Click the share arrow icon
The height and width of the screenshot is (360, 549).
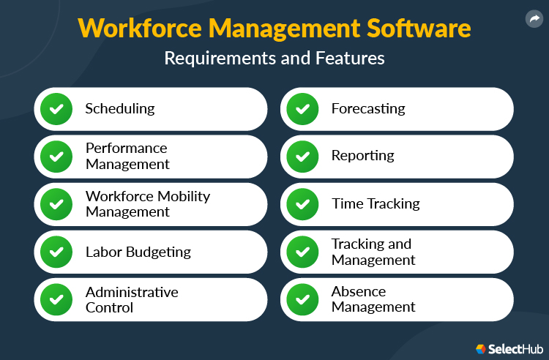(x=534, y=20)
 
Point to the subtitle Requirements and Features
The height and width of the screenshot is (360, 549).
(x=274, y=59)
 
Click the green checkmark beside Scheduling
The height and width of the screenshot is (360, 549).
(x=56, y=109)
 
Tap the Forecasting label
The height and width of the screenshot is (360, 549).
(x=368, y=108)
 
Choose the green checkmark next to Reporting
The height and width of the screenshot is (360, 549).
(x=302, y=157)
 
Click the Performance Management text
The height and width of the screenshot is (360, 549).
(x=127, y=156)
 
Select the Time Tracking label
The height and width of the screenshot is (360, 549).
(x=376, y=203)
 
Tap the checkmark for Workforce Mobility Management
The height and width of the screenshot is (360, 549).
(x=56, y=204)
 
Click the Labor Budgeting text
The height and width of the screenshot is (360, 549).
(x=138, y=252)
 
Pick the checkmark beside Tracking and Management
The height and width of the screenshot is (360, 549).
(x=302, y=252)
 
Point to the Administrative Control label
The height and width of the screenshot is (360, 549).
(x=132, y=299)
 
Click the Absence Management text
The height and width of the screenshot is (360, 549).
(x=373, y=299)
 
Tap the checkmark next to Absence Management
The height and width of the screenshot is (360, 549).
(x=302, y=299)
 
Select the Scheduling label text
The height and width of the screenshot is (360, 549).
(x=120, y=108)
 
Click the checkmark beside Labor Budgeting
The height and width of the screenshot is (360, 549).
(x=56, y=252)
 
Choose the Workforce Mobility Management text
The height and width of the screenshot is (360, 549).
(x=148, y=203)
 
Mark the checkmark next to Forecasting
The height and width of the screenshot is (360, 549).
(x=302, y=109)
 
